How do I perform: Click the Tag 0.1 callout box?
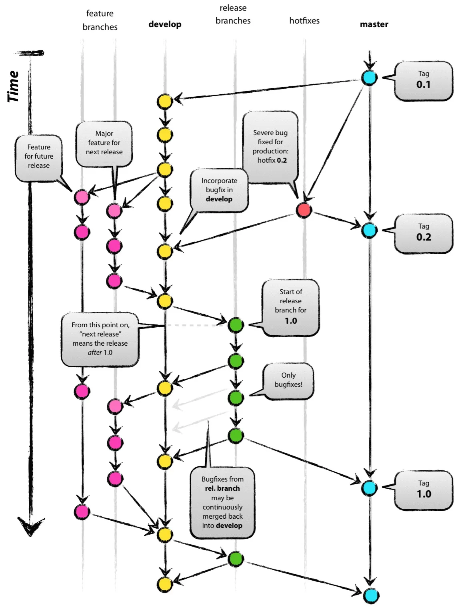click(423, 81)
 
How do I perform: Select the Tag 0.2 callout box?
click(423, 233)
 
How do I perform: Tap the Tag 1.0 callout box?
click(423, 490)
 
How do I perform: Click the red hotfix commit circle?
click(304, 209)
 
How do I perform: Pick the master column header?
click(374, 24)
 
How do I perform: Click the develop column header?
click(165, 24)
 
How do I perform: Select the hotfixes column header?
click(304, 21)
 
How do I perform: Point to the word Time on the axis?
click(14, 86)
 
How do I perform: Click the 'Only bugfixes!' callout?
click(288, 380)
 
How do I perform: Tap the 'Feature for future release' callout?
click(39, 157)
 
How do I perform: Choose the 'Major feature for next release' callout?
click(104, 143)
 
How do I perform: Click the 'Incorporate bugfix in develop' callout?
click(219, 190)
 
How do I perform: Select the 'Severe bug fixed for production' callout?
click(271, 147)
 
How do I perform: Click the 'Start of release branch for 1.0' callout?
click(291, 307)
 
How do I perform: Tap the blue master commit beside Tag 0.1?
click(369, 78)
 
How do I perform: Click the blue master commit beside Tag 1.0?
click(369, 488)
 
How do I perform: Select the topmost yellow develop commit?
click(164, 101)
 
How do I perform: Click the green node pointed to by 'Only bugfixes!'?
click(236, 398)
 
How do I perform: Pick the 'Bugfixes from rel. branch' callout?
click(222, 502)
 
